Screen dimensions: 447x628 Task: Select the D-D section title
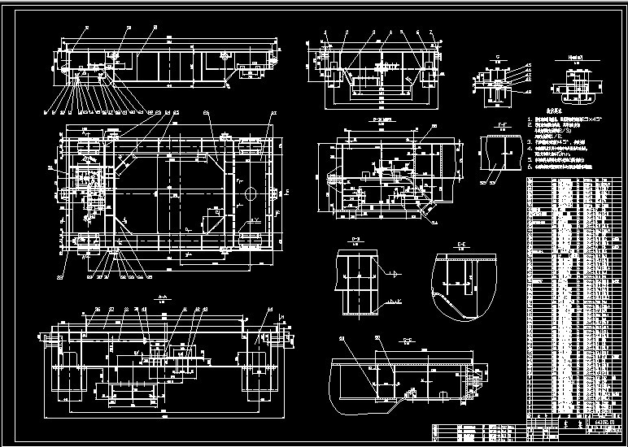355,239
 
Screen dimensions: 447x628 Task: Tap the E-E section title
460,243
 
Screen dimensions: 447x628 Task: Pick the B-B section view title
377,119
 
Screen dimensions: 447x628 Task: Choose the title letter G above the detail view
497,59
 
